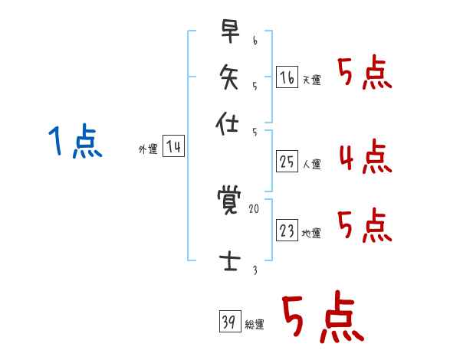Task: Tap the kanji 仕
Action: click(x=228, y=122)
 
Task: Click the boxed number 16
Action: click(x=287, y=77)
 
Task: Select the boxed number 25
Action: click(x=287, y=161)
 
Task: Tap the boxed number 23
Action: click(x=287, y=231)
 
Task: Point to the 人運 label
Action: click(x=311, y=164)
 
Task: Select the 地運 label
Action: click(x=311, y=234)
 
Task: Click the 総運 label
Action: click(x=255, y=325)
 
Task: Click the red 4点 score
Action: click(x=365, y=158)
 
